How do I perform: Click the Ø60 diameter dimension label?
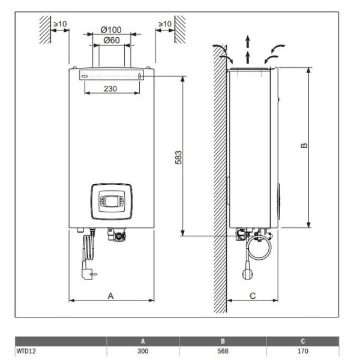(x=111, y=40)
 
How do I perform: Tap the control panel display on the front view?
(x=112, y=200)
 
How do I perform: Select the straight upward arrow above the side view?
(x=248, y=44)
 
